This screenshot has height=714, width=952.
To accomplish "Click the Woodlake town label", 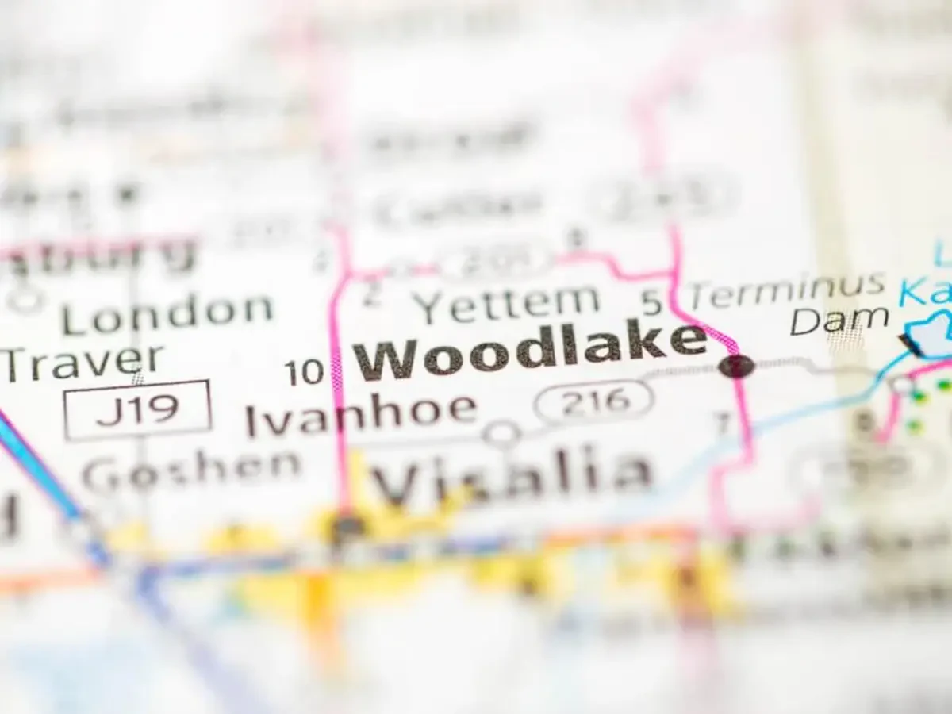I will pos(530,349).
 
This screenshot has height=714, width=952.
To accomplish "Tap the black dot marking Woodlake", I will pos(737,366).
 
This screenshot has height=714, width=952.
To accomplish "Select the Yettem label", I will pos(509,302).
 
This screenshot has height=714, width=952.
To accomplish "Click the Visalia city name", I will pos(512,474).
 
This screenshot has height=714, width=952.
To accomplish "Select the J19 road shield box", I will pos(138,409).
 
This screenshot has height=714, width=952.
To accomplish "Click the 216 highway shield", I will pos(594,401).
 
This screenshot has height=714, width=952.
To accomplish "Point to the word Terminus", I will pos(786,290).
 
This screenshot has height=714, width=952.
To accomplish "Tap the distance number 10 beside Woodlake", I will pos(305,372).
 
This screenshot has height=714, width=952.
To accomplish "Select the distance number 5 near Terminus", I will pos(651,301).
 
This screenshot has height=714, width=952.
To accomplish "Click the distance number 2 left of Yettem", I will pos(370,295).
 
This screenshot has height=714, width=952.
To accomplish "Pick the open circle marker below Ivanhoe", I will pos(502,434).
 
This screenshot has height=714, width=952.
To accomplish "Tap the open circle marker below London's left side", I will pos(27,299).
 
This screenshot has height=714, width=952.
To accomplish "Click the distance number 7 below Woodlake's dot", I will pos(724,424).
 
